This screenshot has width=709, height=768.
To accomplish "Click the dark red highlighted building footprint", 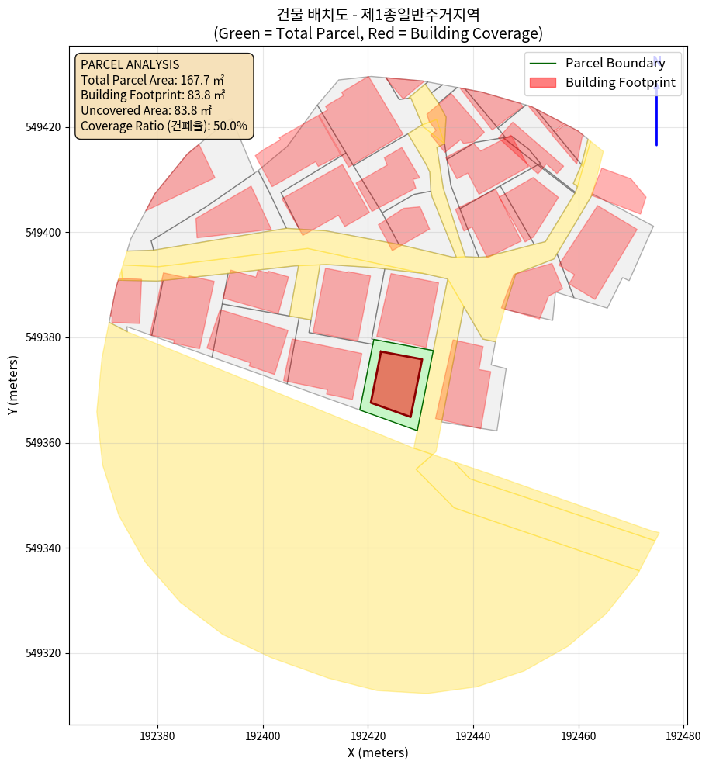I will click(396, 384).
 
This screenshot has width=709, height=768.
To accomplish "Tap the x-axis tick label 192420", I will click(368, 735).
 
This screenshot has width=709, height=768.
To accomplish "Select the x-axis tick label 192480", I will click(683, 735).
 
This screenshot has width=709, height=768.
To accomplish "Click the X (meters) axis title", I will click(378, 752).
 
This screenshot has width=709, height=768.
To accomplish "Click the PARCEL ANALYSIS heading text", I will click(130, 64).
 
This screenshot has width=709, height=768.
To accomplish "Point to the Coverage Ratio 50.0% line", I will click(164, 126).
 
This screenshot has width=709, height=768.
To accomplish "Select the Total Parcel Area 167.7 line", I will click(153, 79).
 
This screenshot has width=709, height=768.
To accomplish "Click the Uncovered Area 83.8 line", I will click(146, 110).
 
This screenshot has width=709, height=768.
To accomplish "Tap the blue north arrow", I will click(656, 101).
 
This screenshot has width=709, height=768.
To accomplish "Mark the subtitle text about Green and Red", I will click(378, 33).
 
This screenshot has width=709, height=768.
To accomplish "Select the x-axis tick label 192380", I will click(157, 735).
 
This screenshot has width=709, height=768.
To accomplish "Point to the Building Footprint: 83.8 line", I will click(153, 95).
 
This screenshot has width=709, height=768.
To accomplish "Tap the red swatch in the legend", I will click(542, 82).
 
